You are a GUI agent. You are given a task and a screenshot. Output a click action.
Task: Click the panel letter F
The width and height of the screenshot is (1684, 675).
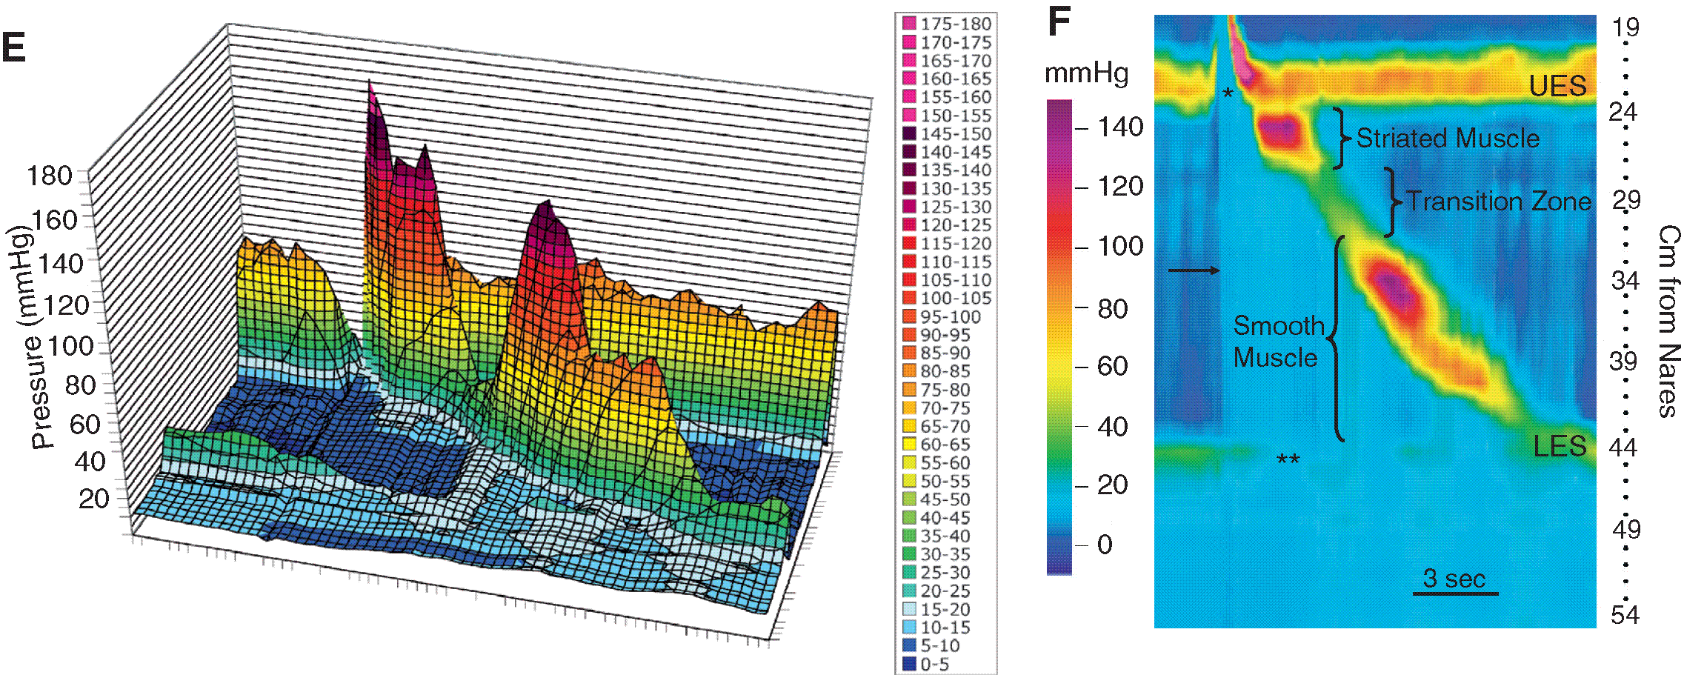[x=1059, y=22]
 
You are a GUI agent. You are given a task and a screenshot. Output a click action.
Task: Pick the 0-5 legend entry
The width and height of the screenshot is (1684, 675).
[x=934, y=664]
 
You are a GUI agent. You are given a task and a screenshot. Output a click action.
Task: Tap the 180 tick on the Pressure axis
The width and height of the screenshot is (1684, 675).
[x=49, y=176]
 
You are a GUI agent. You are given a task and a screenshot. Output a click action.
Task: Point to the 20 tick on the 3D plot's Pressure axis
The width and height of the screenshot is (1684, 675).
[x=93, y=499]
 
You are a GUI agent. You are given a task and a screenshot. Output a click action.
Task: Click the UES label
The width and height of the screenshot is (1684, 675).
[x=1557, y=87]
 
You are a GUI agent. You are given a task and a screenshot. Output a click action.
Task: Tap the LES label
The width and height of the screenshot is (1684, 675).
[x=1560, y=446]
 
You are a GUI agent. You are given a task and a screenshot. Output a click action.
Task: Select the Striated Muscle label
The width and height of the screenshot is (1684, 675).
[x=1448, y=139]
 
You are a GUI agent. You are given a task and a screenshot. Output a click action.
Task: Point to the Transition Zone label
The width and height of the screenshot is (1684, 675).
[x=1498, y=202]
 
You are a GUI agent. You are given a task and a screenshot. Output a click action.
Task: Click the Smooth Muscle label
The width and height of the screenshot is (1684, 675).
[x=1278, y=342]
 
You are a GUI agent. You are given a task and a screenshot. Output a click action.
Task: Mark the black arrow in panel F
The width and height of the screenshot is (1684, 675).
[x=1194, y=270]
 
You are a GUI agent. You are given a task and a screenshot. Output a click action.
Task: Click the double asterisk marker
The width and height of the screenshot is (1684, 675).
[x=1288, y=460]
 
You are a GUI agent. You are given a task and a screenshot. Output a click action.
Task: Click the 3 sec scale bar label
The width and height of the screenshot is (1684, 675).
[x=1454, y=578]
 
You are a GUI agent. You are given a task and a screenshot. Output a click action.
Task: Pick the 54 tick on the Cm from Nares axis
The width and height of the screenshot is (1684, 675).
[x=1624, y=615]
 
